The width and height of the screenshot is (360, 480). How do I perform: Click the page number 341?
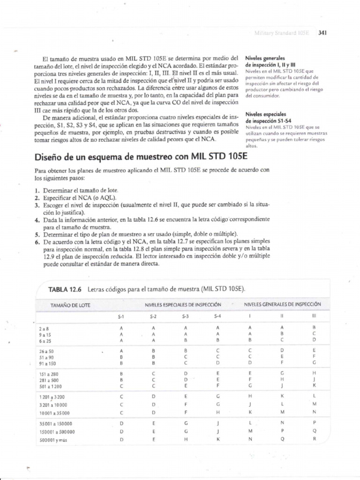[x=322, y=33]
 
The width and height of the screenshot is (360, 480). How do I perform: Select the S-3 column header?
[x=186, y=316]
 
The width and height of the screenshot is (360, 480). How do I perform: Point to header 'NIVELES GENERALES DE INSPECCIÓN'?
[x=282, y=305]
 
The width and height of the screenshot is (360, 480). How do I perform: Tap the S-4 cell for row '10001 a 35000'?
[x=218, y=413]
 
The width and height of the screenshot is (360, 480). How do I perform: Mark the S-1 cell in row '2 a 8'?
[x=121, y=328]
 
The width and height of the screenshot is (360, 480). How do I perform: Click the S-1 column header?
[x=121, y=316]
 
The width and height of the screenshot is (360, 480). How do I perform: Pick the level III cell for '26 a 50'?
[x=314, y=350]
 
